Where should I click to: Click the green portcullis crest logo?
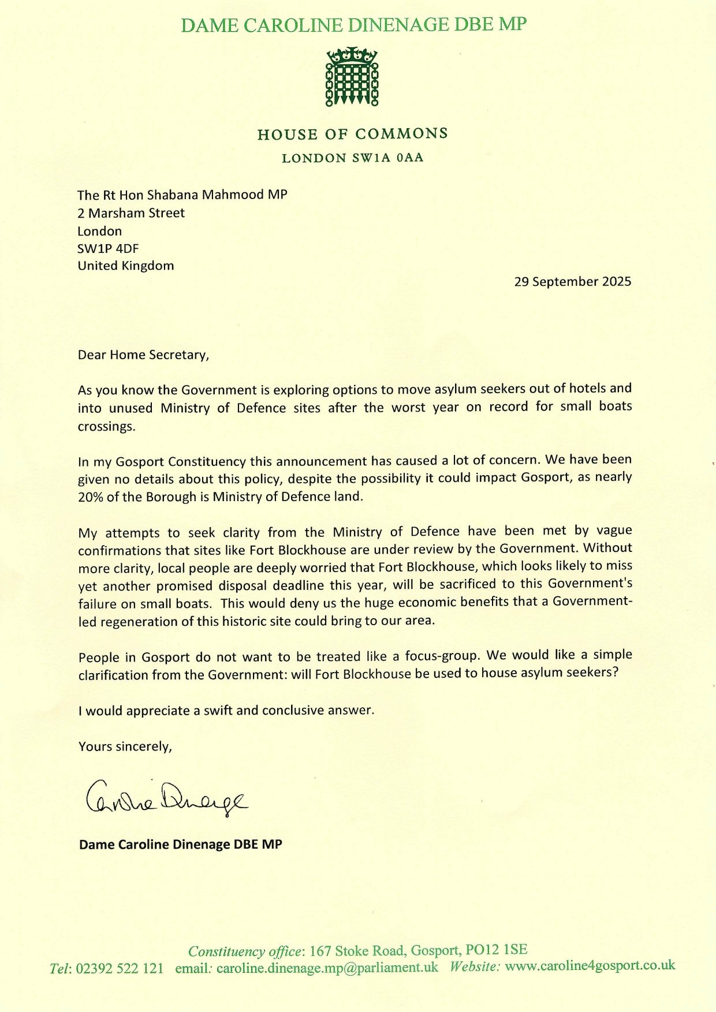pos(352,77)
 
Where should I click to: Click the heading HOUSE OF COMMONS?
pos(352,134)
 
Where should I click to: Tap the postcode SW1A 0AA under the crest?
pos(388,158)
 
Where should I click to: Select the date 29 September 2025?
pos(572,282)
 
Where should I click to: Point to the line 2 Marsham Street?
pos(131,213)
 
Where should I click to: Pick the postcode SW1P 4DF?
pos(109,249)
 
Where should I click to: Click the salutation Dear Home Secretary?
pos(143,354)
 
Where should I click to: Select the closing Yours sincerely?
pos(125,746)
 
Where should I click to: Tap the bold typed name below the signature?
pos(180,845)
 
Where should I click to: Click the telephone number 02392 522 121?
pos(120,968)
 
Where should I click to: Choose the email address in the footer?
pos(327,968)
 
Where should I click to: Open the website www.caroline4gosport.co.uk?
pos(590,965)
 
